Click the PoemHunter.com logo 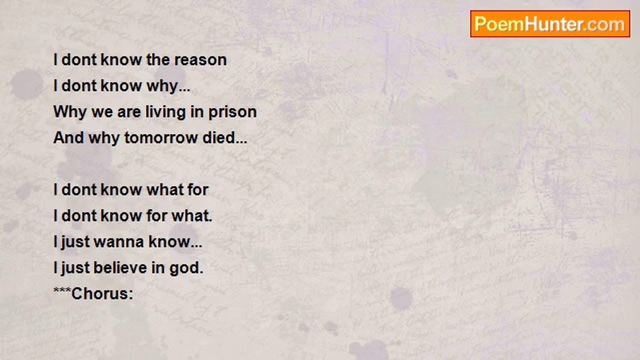550,24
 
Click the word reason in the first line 200,60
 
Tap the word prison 232,112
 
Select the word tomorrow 161,138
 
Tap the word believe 120,268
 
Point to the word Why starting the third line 69,112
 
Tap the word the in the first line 158,60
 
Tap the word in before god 158,268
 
